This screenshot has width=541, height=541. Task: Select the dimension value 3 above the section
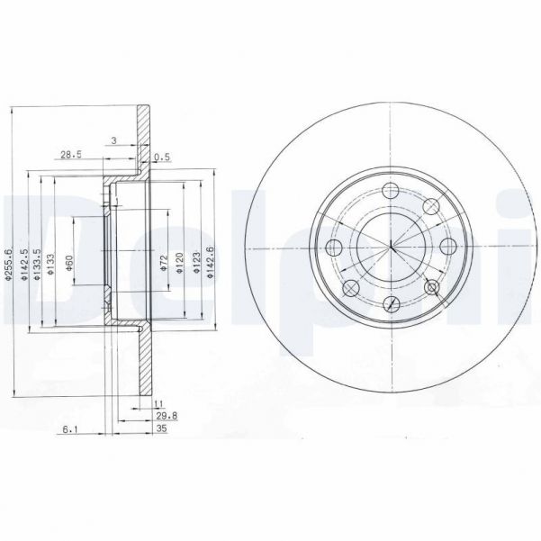(x=113, y=140)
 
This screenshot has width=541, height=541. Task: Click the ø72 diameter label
(x=163, y=263)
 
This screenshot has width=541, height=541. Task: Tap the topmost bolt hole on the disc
(x=391, y=191)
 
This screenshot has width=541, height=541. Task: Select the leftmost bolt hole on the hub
(x=334, y=248)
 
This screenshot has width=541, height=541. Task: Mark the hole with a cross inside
(x=432, y=287)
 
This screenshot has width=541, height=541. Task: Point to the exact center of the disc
(x=392, y=248)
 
